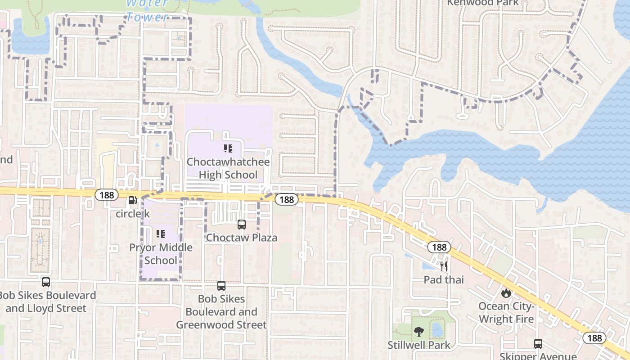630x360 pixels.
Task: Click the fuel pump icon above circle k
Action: [x=132, y=201]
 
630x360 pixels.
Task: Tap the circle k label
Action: [x=133, y=214]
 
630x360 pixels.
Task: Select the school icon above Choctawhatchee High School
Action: [x=228, y=148]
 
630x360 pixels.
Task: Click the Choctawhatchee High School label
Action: [x=228, y=168]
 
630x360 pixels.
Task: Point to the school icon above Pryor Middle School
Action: [x=161, y=234]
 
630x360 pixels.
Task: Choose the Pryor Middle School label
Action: [x=161, y=254]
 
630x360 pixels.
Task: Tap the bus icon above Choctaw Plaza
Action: [x=242, y=224]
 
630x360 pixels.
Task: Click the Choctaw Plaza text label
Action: [x=242, y=238]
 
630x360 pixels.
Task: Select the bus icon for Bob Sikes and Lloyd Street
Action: [x=46, y=282]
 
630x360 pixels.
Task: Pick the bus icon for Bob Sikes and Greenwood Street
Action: [x=221, y=285]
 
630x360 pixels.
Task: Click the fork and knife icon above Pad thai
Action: [x=444, y=266]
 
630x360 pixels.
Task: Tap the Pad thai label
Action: [x=444, y=279]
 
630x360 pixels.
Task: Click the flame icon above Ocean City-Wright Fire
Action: [x=506, y=293]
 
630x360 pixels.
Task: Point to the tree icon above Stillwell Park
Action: [x=419, y=332]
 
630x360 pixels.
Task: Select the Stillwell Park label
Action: [x=419, y=345]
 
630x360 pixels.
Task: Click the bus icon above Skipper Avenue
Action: [x=538, y=344]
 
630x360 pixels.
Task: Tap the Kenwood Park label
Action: [x=477, y=3]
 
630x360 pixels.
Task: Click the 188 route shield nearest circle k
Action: [x=107, y=195]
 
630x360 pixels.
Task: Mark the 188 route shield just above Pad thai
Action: [x=439, y=247]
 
